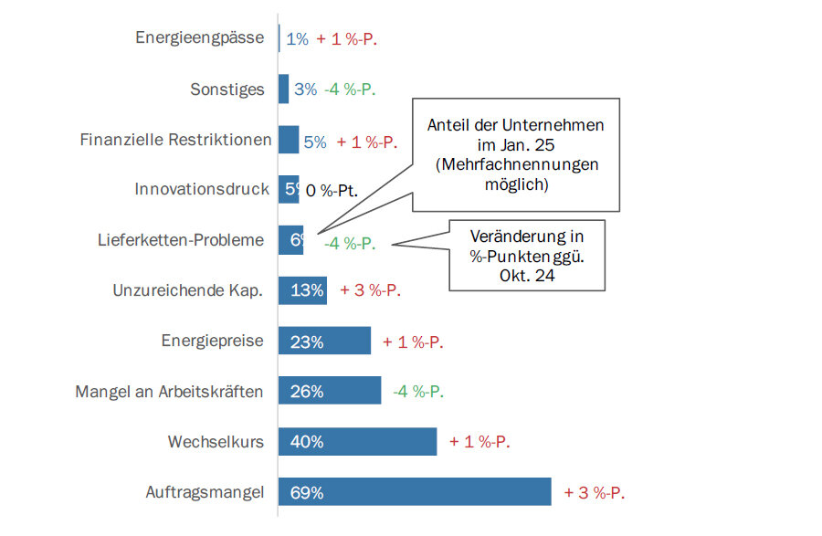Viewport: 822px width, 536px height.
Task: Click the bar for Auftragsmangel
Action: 415,492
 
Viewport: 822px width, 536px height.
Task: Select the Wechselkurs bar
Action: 357,442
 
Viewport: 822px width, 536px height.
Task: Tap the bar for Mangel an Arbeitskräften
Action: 330,391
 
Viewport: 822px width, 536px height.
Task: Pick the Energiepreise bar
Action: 324,341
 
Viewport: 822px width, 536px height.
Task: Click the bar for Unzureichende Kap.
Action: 302,290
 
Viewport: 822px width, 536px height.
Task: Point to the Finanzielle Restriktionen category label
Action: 175,140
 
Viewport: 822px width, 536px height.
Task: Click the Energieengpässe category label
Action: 200,38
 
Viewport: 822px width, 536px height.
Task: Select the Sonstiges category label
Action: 227,89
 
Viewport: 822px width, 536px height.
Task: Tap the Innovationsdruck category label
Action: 202,190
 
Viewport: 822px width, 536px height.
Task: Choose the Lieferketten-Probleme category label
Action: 181,240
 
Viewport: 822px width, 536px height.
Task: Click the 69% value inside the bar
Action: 307,493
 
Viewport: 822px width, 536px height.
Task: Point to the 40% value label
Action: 307,442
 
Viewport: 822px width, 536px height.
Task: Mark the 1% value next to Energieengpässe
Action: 297,39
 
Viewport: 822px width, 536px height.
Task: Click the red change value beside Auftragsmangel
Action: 595,493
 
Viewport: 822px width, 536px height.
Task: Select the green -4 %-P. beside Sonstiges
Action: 350,89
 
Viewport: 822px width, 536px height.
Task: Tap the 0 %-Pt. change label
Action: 332,191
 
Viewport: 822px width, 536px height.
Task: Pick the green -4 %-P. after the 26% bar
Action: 418,392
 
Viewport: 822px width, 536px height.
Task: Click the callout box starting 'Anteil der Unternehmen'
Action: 516,155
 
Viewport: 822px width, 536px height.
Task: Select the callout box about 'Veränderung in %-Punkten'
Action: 527,256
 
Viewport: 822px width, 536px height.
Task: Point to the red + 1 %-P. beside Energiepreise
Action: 413,342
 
